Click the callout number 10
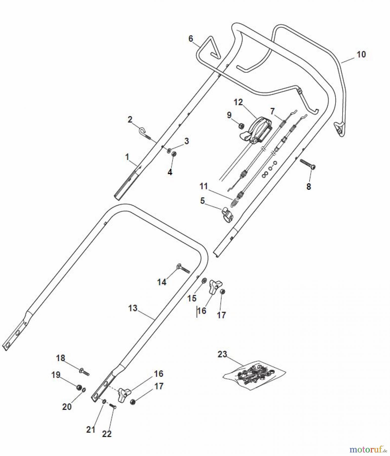tap(361, 54)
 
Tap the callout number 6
tap(191, 39)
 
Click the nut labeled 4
tap(174, 154)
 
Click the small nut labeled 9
tap(241, 125)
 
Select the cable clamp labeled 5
tap(228, 214)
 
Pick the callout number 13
tap(133, 308)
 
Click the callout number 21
tap(91, 429)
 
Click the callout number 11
tap(203, 186)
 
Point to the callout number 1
tap(127, 157)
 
